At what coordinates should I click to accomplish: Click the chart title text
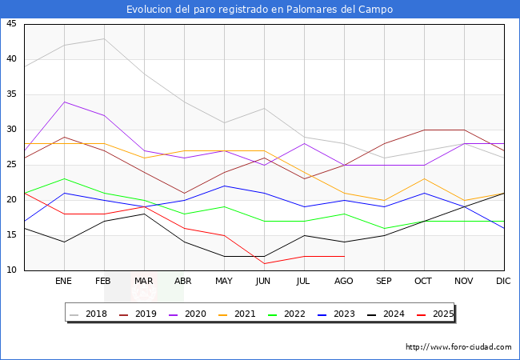[260, 10]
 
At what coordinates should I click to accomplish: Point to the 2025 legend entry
[435, 314]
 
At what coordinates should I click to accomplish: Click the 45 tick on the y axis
[11, 24]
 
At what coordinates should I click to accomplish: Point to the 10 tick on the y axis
[11, 270]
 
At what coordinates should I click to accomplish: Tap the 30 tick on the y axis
[11, 130]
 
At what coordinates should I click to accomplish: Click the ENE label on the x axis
[64, 282]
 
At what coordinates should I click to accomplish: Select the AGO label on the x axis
[344, 282]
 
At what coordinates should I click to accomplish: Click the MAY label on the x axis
[224, 282]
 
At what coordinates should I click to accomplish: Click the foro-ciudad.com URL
[458, 347]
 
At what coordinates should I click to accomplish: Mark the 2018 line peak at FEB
[104, 38]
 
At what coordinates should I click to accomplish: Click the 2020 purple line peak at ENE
[64, 102]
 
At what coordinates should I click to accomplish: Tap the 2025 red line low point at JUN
[264, 263]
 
